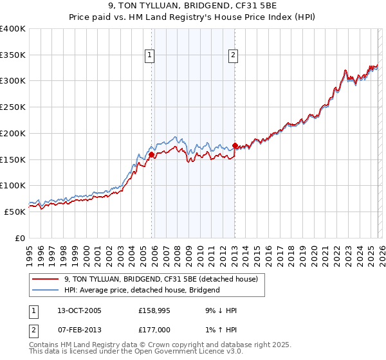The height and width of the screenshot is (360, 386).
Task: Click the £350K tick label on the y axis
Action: pos(13,55)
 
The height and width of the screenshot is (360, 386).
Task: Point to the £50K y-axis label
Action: pos(15,212)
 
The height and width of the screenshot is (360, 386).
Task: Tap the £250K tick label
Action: pos(13,107)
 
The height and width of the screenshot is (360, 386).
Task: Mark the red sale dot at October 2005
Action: pos(151,155)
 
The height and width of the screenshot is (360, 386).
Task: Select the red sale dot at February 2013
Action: pos(235,145)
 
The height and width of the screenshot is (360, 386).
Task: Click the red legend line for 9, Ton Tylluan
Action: pos(45,279)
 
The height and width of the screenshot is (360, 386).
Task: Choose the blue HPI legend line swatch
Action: pos(45,290)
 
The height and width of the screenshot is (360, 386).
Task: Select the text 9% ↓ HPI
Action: pos(219,310)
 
